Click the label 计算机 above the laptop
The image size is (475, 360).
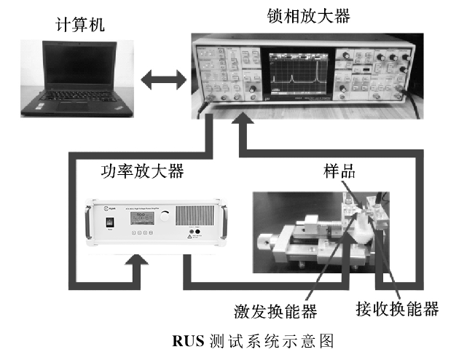81,26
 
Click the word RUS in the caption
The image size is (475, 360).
189,340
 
